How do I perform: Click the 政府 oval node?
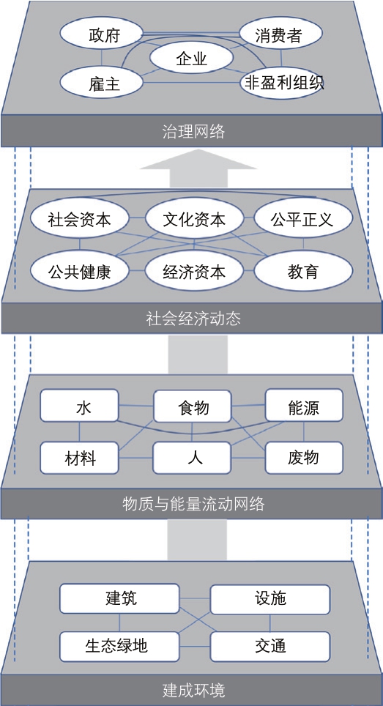coord(101,36)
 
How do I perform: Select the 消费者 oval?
coord(280,36)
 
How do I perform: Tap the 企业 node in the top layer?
coord(191,59)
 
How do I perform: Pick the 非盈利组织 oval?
coord(283,82)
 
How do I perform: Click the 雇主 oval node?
coord(101,83)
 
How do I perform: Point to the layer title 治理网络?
coord(193,133)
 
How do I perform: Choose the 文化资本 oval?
coord(193,220)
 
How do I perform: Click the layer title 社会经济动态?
coord(193,319)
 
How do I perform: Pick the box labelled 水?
coord(80,406)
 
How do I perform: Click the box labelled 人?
coord(192,458)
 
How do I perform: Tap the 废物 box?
coord(304,458)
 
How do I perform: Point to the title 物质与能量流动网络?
coord(193,504)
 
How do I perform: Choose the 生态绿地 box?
coord(119,646)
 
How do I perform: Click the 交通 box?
coord(270,646)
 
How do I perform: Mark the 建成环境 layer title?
coord(193,690)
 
